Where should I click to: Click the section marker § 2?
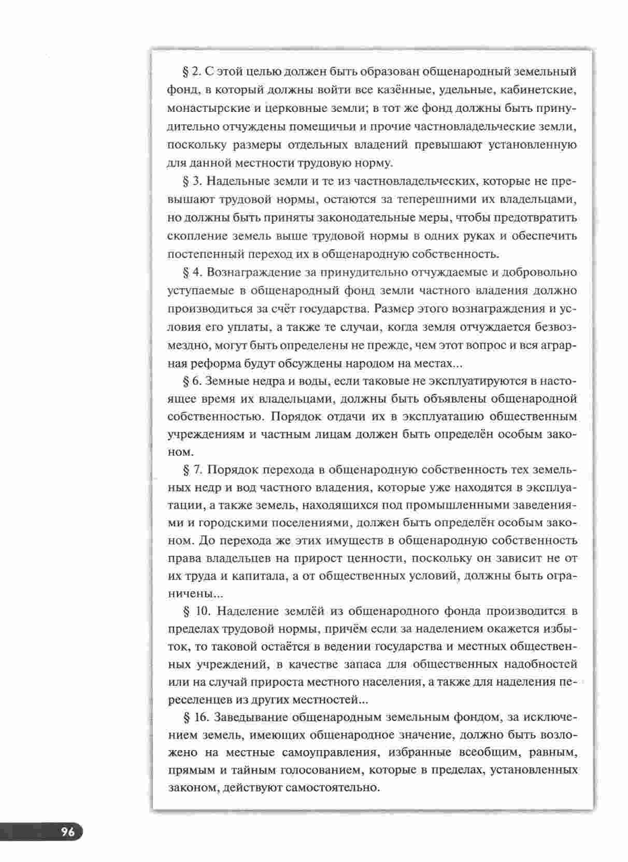coord(192,71)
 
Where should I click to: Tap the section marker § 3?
coord(192,181)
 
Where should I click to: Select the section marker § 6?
coord(192,381)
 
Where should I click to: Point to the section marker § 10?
coord(195,611)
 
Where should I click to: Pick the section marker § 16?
coord(195,717)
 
